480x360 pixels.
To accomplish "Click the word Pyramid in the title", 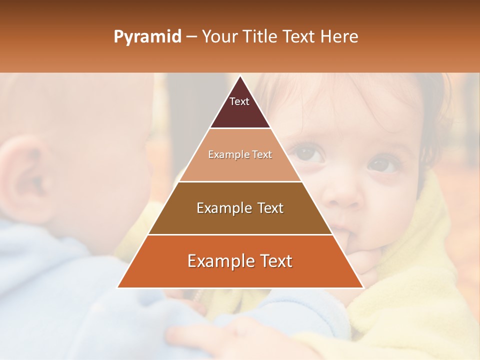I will [147, 37].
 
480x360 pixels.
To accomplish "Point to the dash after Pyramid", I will [191, 37].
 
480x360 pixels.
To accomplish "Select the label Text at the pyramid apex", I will [239, 101].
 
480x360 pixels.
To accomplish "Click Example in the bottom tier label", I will [219, 261].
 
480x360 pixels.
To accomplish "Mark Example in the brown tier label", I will [223, 208].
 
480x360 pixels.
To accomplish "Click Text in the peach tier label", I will [262, 154].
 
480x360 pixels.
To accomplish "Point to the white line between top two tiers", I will [240, 128].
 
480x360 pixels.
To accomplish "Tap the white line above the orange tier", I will [240, 234].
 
